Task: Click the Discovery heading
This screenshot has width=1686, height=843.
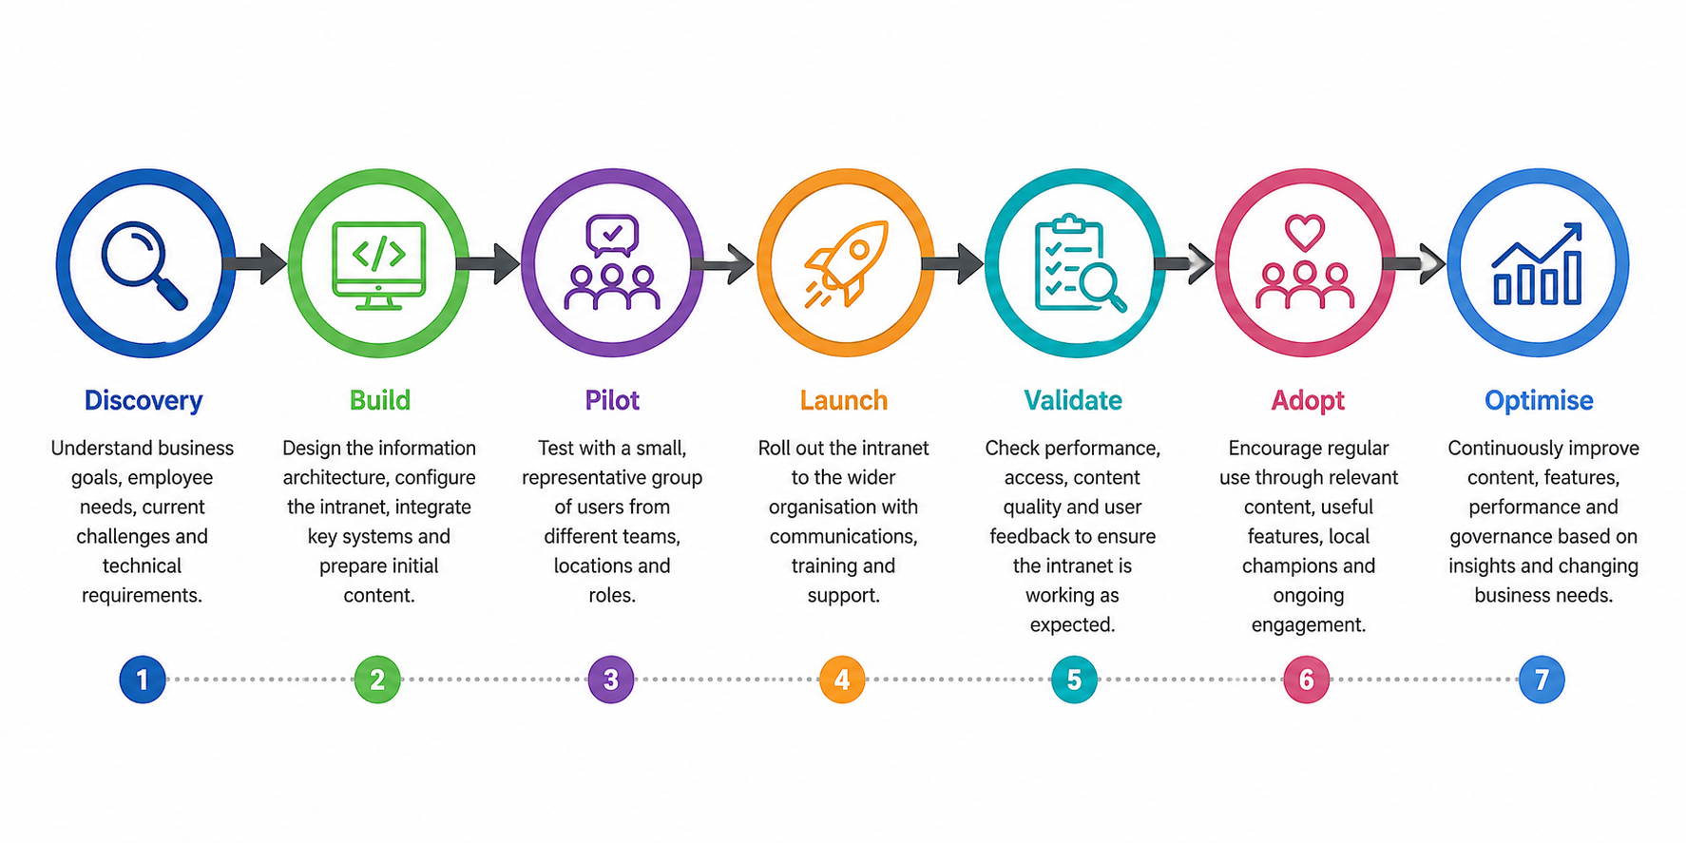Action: click(x=144, y=400)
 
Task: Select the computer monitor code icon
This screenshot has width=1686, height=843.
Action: click(x=379, y=265)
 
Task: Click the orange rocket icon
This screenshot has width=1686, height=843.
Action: click(x=846, y=263)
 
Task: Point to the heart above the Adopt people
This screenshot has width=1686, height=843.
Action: click(x=1305, y=232)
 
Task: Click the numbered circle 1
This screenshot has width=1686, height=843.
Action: click(x=143, y=680)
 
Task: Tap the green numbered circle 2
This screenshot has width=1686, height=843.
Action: click(x=377, y=680)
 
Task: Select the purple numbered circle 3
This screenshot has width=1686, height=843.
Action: click(x=611, y=680)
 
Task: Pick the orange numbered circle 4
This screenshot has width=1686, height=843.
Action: click(x=842, y=680)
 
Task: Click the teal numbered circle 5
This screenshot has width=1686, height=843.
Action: click(x=1074, y=680)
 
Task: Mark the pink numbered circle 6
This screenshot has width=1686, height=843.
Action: click(x=1307, y=680)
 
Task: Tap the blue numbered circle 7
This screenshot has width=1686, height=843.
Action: click(x=1542, y=680)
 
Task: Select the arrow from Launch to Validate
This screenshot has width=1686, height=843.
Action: click(x=952, y=263)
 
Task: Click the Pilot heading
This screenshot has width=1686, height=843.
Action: click(x=612, y=400)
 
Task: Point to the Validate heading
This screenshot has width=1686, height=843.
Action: click(x=1073, y=400)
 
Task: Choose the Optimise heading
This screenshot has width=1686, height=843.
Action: click(x=1539, y=400)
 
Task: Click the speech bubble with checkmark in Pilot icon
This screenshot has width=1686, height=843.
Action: click(x=612, y=235)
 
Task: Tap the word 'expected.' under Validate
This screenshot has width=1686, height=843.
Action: click(x=1072, y=624)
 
